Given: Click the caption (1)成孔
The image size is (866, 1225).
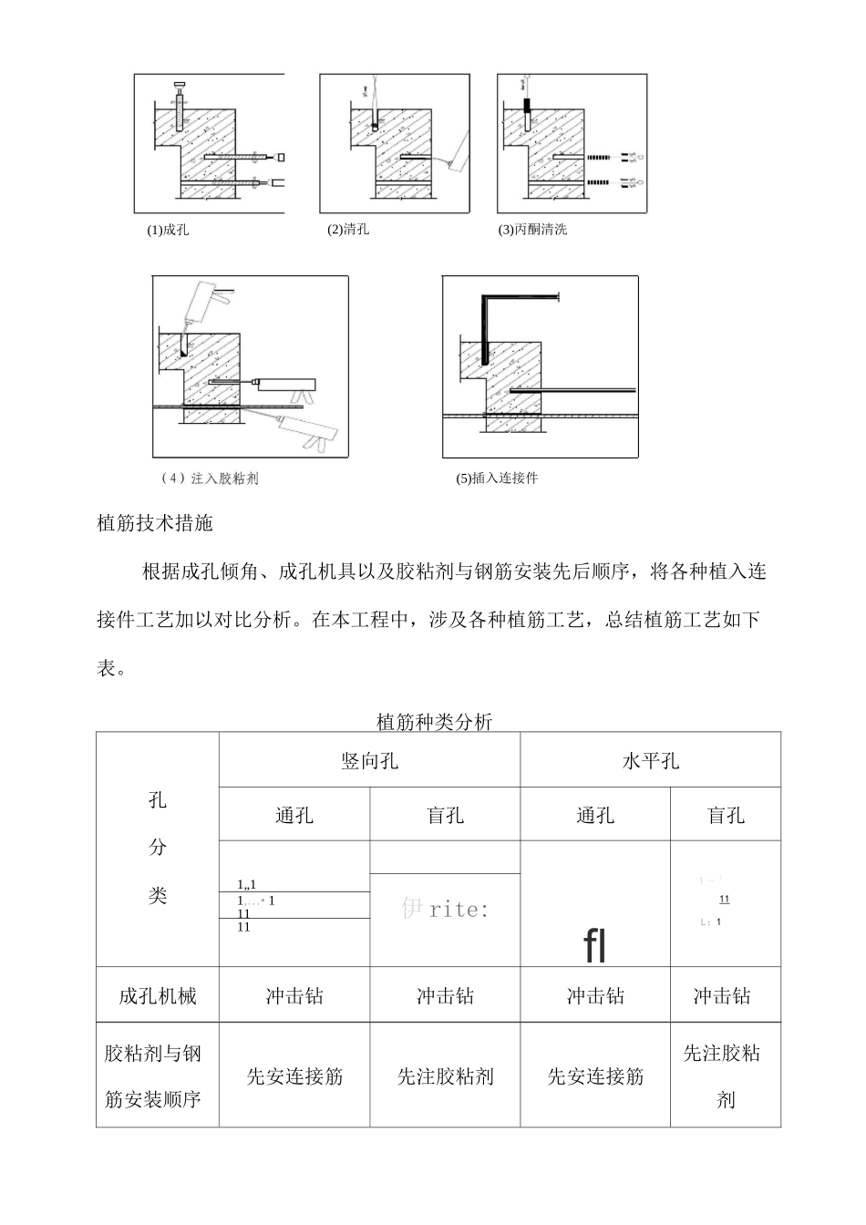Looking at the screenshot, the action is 168,230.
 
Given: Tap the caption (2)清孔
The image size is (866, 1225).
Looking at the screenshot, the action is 348,230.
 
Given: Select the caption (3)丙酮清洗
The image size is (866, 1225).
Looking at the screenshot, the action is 532,230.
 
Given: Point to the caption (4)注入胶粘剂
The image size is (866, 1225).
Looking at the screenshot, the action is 209,479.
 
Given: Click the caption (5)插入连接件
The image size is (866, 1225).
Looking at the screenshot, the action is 497,479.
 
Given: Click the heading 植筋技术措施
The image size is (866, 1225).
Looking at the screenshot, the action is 154,523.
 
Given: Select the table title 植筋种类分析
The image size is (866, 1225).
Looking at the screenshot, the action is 434,722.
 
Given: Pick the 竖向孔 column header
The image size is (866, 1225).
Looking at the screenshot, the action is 369,760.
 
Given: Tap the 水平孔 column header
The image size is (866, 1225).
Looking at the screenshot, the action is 650,760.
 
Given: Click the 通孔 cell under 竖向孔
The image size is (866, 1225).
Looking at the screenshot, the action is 294,815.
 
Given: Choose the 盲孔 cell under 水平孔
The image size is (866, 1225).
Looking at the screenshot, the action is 726,815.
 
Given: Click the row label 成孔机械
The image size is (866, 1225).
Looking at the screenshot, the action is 158,996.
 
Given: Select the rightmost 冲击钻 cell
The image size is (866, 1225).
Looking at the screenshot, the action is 722,996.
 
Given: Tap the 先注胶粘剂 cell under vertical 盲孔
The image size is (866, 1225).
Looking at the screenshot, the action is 445,1076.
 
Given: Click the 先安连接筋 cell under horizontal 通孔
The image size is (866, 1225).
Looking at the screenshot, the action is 595,1076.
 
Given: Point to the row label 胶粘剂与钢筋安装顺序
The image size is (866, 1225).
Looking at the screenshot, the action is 153,1076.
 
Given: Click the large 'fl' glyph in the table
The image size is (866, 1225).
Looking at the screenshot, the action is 595,946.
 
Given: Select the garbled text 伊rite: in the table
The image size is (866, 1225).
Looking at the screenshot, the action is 444,910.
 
